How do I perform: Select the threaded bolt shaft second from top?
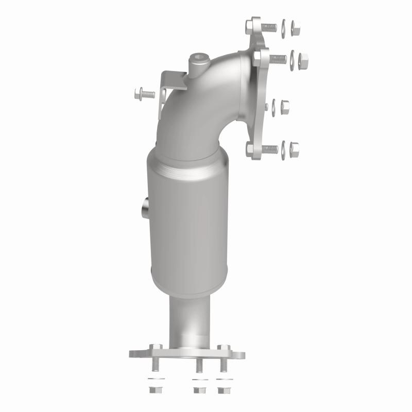278,58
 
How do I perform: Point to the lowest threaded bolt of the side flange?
269,149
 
